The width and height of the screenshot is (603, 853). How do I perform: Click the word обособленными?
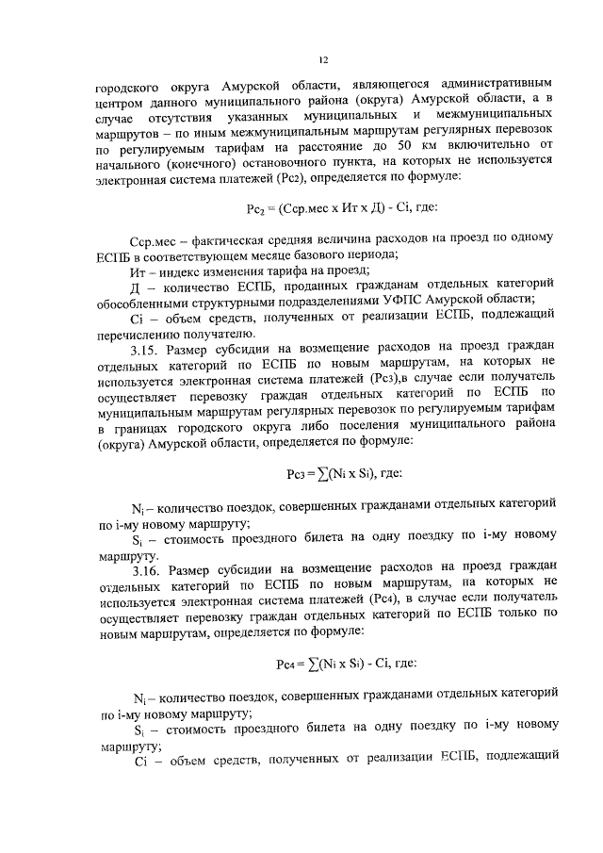pyautogui.click(x=149, y=301)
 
